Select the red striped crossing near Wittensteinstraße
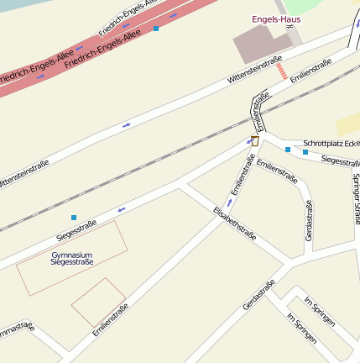pos(282,71)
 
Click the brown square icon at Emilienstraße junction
pos(255,141)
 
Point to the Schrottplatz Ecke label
pos(331,143)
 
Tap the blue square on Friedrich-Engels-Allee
pos(155,29)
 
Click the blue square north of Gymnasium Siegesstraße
pos(74,218)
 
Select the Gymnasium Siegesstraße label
pos(71,259)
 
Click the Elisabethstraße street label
pos(234,224)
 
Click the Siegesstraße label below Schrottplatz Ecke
pos(341,160)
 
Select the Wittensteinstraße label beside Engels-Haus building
pos(253,72)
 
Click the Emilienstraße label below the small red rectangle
pos(111,321)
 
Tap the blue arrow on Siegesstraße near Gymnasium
pos(122,208)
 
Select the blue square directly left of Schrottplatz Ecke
pos(288,150)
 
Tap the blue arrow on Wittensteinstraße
pos(127,124)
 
